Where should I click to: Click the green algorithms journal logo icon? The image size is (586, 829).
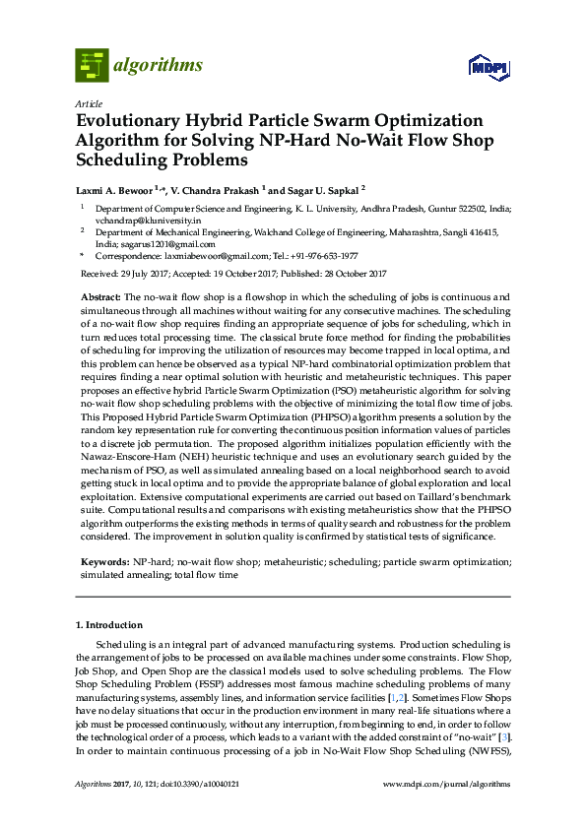[x=93, y=65]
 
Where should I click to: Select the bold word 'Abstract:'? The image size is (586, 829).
[x=100, y=296]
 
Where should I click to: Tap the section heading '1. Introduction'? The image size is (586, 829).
[x=108, y=624]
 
